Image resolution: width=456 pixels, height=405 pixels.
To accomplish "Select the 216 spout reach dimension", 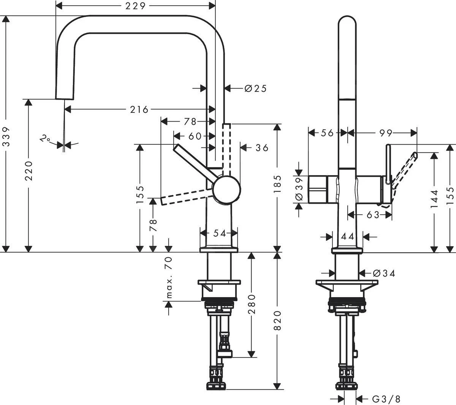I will [x=139, y=110].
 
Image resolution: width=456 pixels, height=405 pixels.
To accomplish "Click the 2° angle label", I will [x=46, y=138].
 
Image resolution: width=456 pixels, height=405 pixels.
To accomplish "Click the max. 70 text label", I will [x=169, y=277].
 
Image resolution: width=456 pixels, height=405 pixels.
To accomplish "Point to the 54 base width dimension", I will [x=220, y=233].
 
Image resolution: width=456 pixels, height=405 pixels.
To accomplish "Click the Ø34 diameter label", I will [x=384, y=273].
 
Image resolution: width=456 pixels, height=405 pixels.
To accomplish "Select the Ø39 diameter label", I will [x=299, y=187].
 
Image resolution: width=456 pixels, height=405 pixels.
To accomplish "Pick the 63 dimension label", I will [x=373, y=215].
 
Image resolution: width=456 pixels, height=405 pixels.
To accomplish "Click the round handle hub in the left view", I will [x=226, y=189].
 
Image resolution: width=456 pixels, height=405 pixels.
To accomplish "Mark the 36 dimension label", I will [x=261, y=147].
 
